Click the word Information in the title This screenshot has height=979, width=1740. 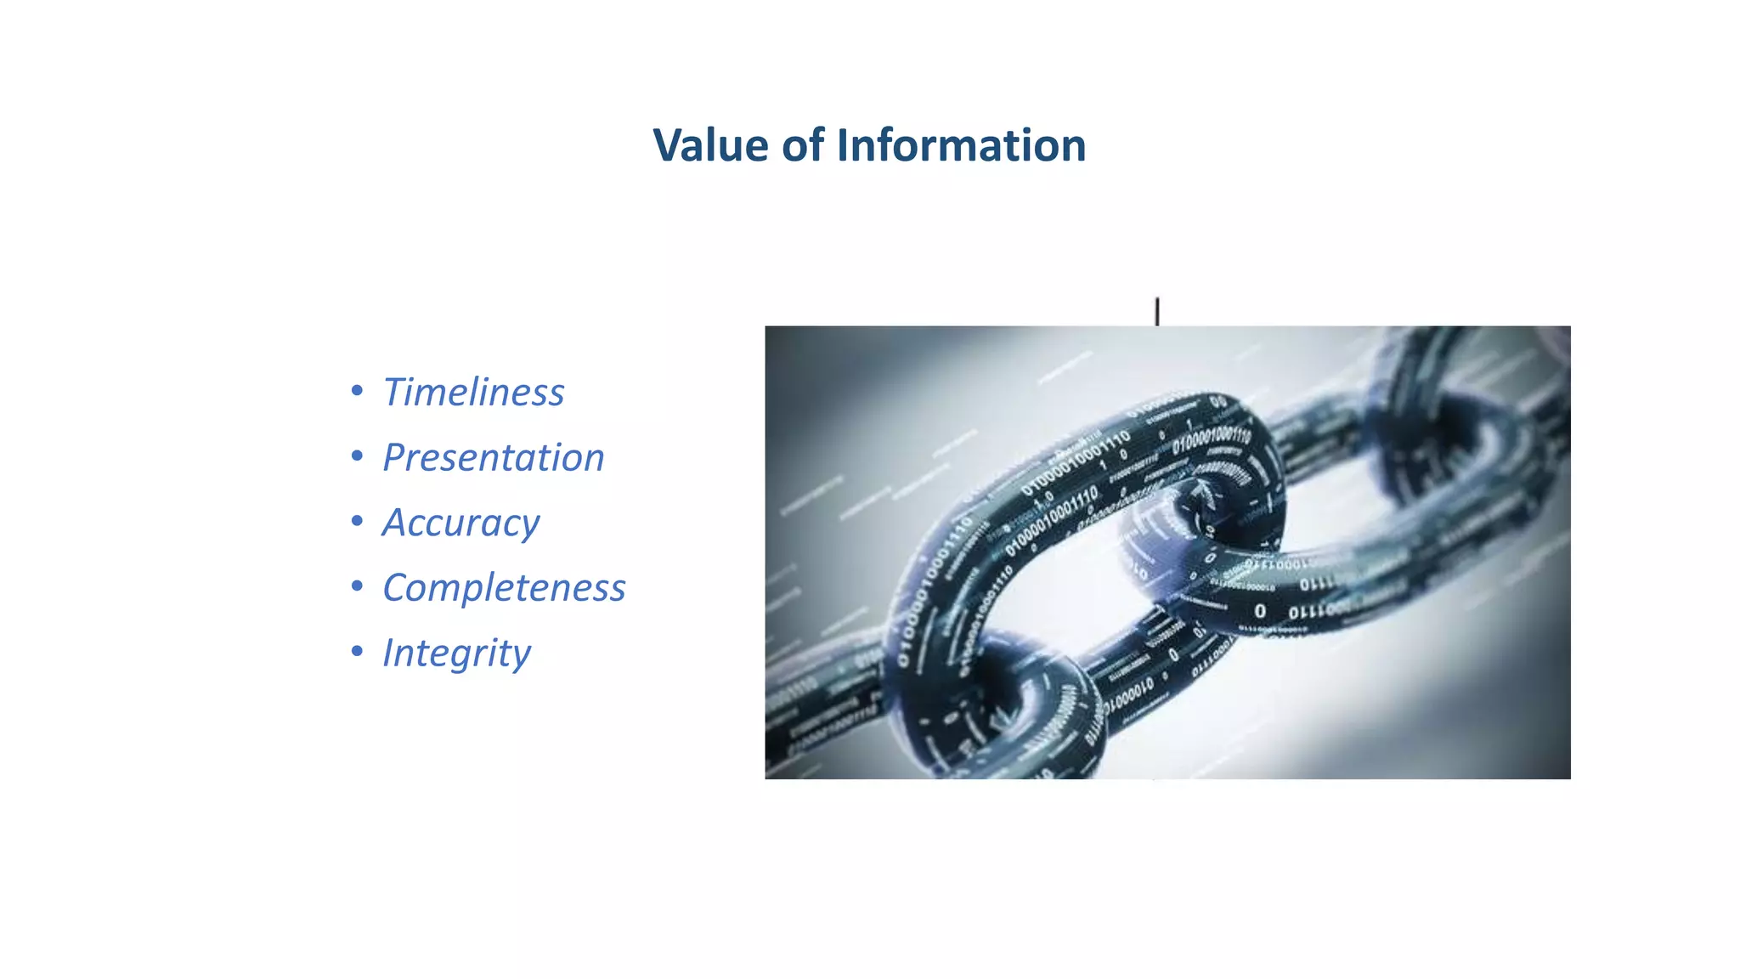click(x=961, y=145)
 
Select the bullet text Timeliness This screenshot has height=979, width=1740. click(x=473, y=393)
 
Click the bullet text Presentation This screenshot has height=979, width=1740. click(x=493, y=458)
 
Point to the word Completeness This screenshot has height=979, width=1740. click(x=504, y=588)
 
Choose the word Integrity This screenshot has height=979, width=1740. click(x=456, y=654)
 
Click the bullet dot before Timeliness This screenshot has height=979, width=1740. click(x=357, y=391)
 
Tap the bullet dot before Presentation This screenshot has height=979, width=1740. click(x=357, y=456)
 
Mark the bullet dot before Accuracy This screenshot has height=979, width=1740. click(x=357, y=521)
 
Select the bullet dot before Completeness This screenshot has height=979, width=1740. click(x=357, y=586)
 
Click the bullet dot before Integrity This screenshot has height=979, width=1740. click(x=357, y=652)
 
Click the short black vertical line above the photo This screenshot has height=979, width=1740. click(x=1157, y=311)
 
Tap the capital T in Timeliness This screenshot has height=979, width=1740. click(x=396, y=392)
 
